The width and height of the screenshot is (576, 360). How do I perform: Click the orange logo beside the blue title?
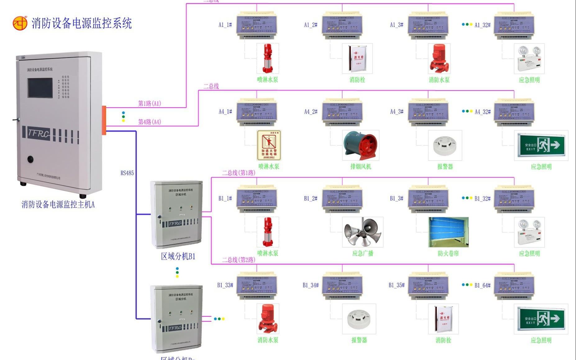[x=20, y=23]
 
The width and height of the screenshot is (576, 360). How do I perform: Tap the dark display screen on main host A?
[x=40, y=88]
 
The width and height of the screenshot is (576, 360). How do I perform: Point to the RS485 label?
[x=127, y=173]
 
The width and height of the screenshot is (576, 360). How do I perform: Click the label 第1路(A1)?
[x=149, y=103]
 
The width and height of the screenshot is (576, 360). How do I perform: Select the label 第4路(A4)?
[x=149, y=122]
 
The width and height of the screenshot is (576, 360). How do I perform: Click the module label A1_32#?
[x=483, y=25]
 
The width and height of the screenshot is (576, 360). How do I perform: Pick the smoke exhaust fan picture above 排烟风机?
[x=360, y=145]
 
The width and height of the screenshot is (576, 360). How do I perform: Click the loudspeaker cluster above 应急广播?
[x=362, y=232]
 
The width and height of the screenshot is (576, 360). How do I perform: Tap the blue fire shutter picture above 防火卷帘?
[x=448, y=232]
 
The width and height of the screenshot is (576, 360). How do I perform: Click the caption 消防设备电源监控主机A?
[x=58, y=204]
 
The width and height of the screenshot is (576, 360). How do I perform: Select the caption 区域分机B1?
[x=178, y=256]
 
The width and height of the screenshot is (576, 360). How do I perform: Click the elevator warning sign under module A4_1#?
[x=269, y=145]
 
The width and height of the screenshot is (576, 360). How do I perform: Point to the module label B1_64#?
[x=483, y=285]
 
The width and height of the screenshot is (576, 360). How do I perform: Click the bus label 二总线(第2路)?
[x=238, y=260]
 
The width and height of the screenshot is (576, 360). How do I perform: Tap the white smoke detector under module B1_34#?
[x=359, y=319]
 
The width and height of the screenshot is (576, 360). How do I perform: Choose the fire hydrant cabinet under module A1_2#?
[x=357, y=59]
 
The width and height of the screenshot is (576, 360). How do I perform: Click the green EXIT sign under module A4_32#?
[x=541, y=145]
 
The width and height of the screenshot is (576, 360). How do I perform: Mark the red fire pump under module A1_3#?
[x=439, y=59]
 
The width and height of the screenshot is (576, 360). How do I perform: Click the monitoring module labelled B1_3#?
[x=428, y=199]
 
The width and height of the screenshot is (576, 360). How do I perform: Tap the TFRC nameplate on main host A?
[x=39, y=133]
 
